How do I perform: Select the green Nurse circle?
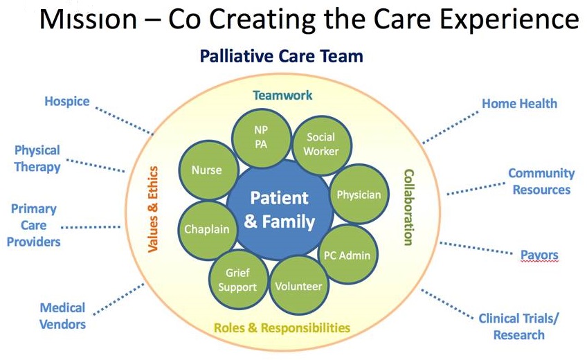[x=206, y=170]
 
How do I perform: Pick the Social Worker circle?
[x=320, y=144]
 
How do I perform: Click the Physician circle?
[x=358, y=195]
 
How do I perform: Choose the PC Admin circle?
[x=347, y=254]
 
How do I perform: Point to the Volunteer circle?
[x=298, y=285]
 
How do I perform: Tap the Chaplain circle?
[x=201, y=230]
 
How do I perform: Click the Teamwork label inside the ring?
[x=282, y=96]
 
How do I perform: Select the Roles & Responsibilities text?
[x=282, y=327]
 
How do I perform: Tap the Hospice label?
[x=67, y=102]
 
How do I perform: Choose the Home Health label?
[x=519, y=104]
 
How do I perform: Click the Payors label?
[x=539, y=255]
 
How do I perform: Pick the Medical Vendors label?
[x=62, y=316]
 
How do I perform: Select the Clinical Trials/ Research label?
[x=518, y=326]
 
